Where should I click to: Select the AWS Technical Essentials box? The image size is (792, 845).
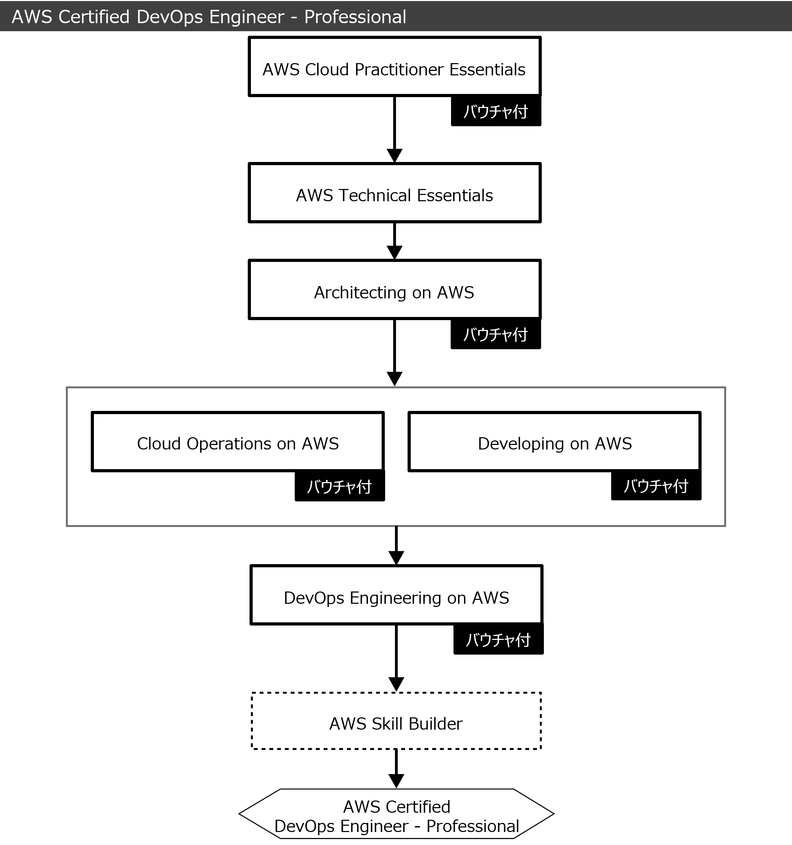click(x=394, y=193)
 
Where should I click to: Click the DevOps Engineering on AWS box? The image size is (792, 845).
click(x=396, y=595)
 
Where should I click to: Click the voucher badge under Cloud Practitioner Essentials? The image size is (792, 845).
click(x=496, y=111)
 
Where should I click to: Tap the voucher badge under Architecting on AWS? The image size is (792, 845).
click(x=496, y=334)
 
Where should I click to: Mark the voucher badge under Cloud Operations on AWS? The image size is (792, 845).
click(x=340, y=486)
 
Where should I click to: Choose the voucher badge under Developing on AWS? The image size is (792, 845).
click(x=656, y=485)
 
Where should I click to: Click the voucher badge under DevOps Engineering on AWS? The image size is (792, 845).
click(x=498, y=640)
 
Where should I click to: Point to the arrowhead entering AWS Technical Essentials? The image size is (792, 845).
click(x=395, y=156)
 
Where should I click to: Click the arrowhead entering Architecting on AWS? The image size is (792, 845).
click(x=395, y=252)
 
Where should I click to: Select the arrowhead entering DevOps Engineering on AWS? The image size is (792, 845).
click(x=396, y=558)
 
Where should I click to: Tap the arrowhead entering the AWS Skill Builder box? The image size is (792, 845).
click(x=396, y=685)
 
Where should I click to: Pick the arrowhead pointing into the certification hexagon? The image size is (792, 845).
click(x=396, y=781)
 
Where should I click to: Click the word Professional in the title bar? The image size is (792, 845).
click(x=355, y=17)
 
